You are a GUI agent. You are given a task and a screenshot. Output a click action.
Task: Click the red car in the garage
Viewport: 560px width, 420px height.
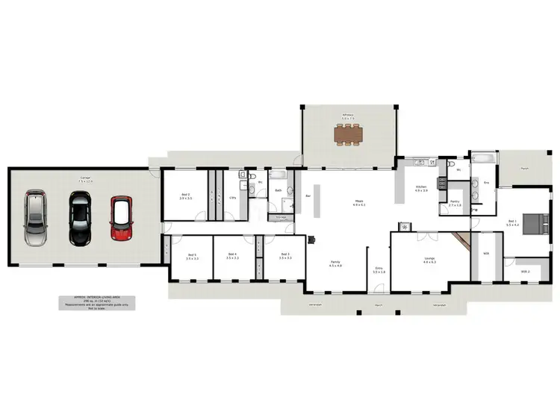coord(121,218)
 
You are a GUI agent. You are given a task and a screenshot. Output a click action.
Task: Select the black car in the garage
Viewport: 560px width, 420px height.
coord(79,218)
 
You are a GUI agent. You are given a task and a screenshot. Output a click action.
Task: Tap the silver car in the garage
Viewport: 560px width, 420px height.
coord(35,218)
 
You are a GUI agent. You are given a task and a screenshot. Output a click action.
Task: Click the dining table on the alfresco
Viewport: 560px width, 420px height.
coord(348,134)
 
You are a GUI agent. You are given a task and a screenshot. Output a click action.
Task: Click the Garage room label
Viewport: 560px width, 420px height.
coord(87,178)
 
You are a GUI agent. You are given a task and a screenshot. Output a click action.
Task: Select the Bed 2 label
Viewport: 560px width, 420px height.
coord(186,196)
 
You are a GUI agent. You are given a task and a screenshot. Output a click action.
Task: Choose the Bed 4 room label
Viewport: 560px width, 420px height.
coord(232,255)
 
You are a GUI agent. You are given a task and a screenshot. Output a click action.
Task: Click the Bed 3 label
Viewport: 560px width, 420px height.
coord(284,255)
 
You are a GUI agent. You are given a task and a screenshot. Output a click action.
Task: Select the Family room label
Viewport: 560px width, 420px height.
coord(336,263)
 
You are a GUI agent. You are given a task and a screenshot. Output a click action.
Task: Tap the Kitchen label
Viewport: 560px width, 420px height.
coord(420,188)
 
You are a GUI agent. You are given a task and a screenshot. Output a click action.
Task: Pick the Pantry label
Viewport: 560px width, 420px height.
coord(455,203)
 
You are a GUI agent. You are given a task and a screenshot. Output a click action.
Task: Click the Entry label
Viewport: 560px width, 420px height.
coord(379,271)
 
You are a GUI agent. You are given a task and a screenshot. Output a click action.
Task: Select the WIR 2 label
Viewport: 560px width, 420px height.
coord(524,272)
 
